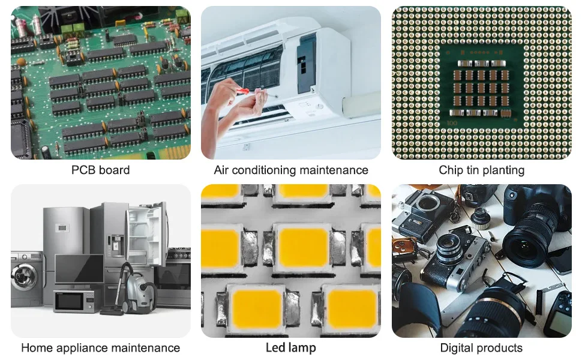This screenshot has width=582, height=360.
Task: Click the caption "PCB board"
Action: tap(101, 170)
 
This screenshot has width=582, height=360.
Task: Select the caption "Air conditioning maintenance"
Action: tap(291, 170)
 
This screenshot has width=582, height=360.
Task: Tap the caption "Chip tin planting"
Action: tap(481, 170)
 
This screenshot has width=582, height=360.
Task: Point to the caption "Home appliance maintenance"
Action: tap(101, 348)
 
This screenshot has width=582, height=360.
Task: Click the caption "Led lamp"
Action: tap(291, 348)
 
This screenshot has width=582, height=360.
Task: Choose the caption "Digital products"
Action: tap(481, 348)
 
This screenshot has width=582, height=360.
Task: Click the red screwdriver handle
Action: tap(242, 91)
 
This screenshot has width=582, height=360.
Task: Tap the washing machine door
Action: tap(25, 277)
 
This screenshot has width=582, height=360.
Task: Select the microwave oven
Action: tap(76, 301)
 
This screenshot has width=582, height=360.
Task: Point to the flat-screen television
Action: tap(79, 269)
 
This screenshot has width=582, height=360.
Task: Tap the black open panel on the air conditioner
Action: tap(306, 65)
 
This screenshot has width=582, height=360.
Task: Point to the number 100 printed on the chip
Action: tap(452, 123)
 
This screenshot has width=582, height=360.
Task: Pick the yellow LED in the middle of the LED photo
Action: tap(302, 247)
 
